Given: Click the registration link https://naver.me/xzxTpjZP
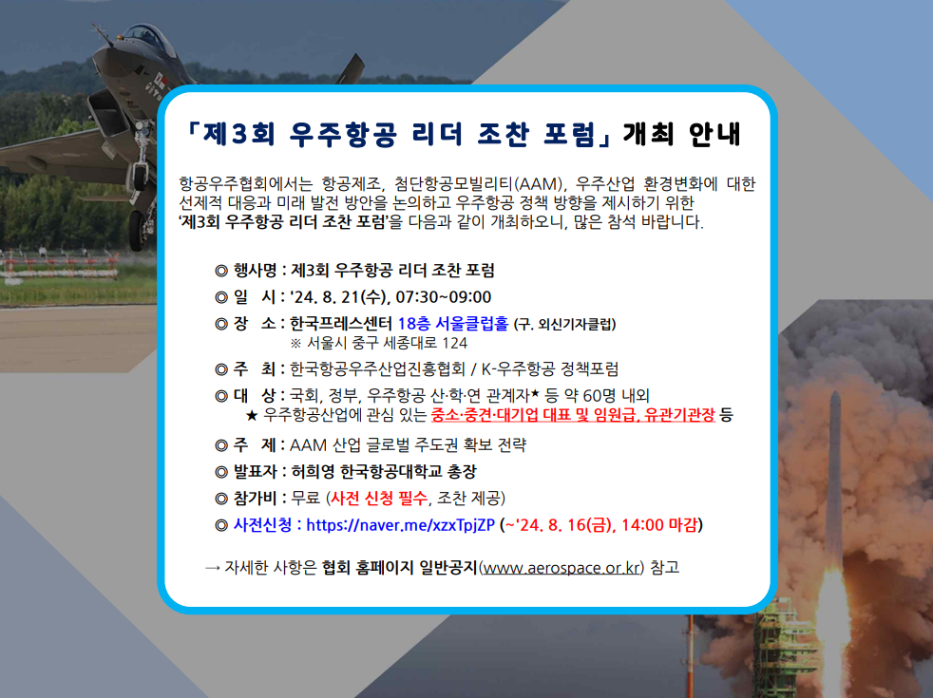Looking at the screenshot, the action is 400,525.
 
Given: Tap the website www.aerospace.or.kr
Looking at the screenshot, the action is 562,568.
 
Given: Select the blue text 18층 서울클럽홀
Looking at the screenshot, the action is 453,324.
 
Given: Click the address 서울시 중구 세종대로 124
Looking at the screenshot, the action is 387,343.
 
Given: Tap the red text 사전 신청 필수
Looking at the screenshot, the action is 379,498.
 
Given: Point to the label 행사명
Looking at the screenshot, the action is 256,271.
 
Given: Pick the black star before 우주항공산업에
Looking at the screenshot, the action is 252,415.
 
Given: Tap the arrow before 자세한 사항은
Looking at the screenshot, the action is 213,569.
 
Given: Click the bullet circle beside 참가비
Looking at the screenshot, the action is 220,499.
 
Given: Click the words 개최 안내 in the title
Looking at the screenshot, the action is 681,134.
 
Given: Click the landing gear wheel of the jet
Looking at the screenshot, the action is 138,231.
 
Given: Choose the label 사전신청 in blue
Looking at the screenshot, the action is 262,525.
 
